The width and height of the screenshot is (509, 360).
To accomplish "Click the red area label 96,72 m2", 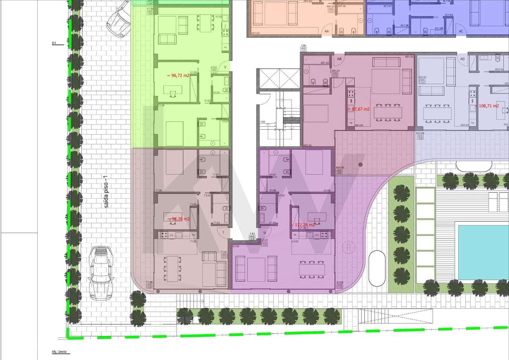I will (x=178, y=75).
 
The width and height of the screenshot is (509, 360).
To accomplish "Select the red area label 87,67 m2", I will (x=359, y=109).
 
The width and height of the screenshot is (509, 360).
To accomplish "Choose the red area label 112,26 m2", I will (x=303, y=225).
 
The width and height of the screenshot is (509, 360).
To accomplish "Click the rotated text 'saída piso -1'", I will (x=106, y=192).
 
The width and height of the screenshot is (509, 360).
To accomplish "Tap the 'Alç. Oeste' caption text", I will (x=58, y=352).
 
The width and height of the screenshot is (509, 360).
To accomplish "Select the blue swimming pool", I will (x=483, y=252).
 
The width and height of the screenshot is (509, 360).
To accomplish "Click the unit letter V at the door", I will (x=225, y=67).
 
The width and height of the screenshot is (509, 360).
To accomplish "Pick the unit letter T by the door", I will (x=223, y=232).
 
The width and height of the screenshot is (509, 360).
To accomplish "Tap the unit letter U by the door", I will (x=264, y=232).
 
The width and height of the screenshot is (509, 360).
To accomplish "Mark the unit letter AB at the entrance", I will (x=339, y=59).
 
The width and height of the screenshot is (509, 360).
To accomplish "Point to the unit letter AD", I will (x=462, y=59).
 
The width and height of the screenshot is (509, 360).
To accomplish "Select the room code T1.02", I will (x=193, y=241).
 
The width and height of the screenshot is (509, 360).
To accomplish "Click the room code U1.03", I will (x=236, y=247).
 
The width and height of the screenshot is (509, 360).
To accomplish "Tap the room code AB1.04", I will (x=409, y=57).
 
